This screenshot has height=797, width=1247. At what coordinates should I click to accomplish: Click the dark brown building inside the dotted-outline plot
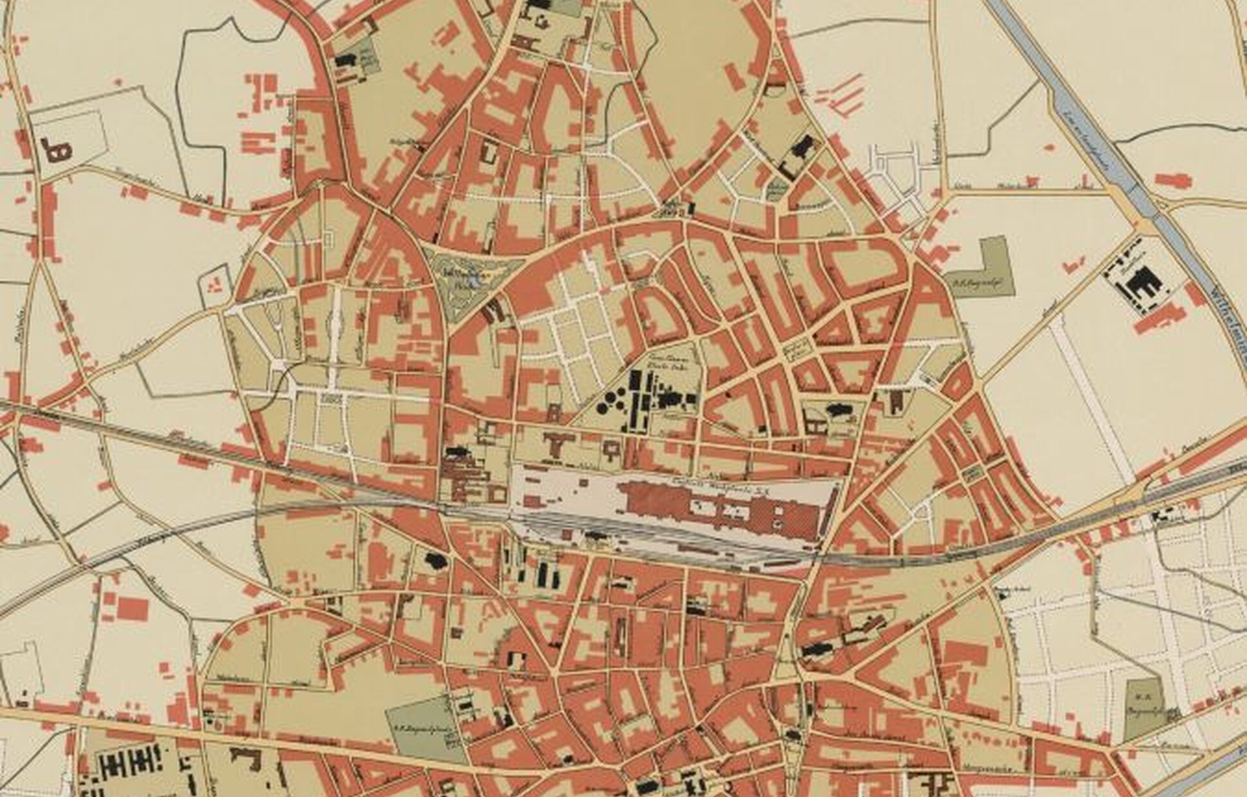(57, 150)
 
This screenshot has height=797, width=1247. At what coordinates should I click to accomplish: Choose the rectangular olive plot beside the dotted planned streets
(1144, 707)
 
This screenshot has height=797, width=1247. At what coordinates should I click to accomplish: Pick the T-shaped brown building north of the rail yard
(557, 443)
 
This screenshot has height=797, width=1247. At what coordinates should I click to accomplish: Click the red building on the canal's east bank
(1173, 179)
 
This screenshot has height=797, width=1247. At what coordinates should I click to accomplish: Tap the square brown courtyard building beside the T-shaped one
(611, 450)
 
